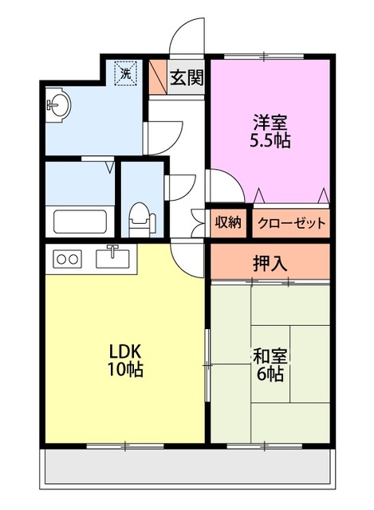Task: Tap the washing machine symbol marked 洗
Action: click(126, 73)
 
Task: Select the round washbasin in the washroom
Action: click(58, 105)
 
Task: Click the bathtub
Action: click(80, 222)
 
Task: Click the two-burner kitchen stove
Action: click(67, 259)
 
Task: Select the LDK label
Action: click(124, 351)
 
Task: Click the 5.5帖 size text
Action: click(270, 140)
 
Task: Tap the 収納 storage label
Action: click(228, 223)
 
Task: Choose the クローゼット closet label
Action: click(292, 223)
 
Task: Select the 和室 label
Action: click(270, 356)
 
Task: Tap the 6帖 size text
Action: click(270, 374)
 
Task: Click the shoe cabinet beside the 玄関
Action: click(158, 77)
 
